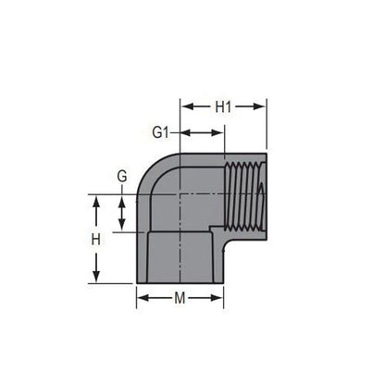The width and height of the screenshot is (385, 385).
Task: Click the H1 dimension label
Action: (x=223, y=106)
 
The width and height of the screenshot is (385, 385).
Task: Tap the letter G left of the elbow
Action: (x=121, y=177)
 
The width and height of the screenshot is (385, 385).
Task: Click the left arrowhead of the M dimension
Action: (x=141, y=297)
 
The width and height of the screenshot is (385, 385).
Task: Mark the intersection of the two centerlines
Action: (x=180, y=195)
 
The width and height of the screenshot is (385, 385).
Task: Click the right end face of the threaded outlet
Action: (x=267, y=195)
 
